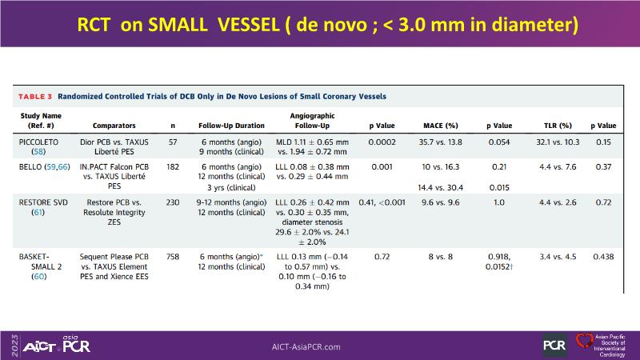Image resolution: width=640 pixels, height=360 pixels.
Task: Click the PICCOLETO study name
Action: pos(42,140)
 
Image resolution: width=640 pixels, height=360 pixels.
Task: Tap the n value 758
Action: pos(174,255)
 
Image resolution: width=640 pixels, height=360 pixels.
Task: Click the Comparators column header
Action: pos(114,126)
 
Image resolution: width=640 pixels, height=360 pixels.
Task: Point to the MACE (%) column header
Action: pos(440,126)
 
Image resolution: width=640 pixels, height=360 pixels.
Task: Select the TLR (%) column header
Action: pos(554,126)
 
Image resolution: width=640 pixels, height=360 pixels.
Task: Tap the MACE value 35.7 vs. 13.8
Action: pos(439,140)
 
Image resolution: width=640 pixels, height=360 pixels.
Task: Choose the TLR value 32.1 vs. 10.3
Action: pos(554,140)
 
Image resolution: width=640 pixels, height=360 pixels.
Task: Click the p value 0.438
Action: pos(604,255)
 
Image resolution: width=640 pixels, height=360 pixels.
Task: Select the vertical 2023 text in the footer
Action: pos(7,345)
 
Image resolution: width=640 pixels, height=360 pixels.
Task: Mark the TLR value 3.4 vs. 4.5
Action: pos(554,255)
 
